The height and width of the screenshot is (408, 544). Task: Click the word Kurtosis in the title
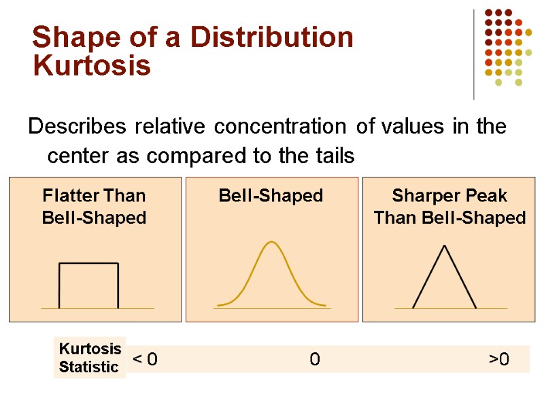pos(92,67)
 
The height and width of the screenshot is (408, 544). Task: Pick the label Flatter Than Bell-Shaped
pos(95,207)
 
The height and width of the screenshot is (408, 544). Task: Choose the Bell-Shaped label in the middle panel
pos(271,196)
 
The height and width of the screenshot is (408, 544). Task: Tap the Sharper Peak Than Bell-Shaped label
pos(449,207)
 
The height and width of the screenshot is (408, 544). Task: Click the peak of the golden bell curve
pos(272,242)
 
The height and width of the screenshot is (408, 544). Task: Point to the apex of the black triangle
pos(445,245)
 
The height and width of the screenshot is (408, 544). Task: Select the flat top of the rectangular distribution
pos(88,264)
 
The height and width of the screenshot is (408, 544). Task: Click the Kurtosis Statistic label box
pos(90,358)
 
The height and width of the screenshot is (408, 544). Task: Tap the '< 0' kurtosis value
pos(144,359)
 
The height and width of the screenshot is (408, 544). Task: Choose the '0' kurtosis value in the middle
pos(314,359)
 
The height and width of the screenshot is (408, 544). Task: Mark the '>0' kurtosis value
pos(498,359)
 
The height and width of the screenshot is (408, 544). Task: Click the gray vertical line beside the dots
pos(474,54)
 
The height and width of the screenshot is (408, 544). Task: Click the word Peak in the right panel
pos(484,196)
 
